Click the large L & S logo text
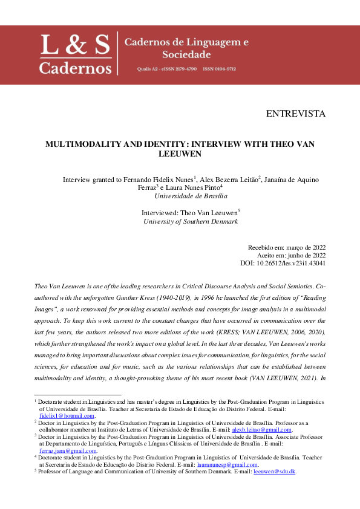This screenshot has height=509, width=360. pyautogui.click(x=75, y=44)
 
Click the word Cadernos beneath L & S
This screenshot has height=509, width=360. pyautogui.click(x=75, y=66)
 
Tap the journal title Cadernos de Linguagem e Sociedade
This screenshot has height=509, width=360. pyautogui.click(x=186, y=49)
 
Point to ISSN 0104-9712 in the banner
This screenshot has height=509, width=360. pyautogui.click(x=220, y=70)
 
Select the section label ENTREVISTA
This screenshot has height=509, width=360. pyautogui.click(x=295, y=114)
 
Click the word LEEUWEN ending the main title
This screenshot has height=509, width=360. pyautogui.click(x=180, y=154)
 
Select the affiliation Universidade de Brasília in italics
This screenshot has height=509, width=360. pyautogui.click(x=191, y=196)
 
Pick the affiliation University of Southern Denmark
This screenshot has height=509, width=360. pyautogui.click(x=191, y=221)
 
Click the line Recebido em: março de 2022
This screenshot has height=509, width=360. pyautogui.click(x=287, y=247)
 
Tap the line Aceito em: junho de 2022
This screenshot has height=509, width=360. pyautogui.click(x=291, y=255)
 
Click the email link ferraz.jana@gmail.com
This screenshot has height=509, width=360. pyautogui.click(x=68, y=450)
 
